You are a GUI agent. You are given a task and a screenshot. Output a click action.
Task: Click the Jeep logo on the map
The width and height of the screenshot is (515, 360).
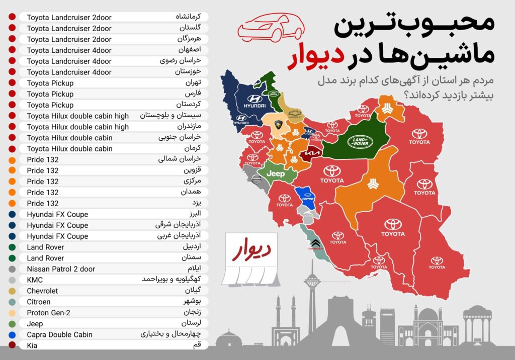click(x=275, y=173)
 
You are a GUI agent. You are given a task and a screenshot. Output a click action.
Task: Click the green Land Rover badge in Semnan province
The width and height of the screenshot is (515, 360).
click(x=360, y=142)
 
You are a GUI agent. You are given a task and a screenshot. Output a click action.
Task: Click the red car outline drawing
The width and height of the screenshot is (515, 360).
click(x=269, y=28)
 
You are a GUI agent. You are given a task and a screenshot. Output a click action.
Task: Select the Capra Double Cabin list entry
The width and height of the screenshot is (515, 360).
click(x=59, y=334)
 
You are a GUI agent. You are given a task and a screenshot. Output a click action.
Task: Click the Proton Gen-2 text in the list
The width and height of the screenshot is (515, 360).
click(x=48, y=313)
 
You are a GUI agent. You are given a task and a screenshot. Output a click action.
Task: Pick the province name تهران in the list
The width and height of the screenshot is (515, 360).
click(x=193, y=83)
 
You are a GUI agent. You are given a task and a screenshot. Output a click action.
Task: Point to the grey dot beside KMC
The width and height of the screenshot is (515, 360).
click(x=12, y=280)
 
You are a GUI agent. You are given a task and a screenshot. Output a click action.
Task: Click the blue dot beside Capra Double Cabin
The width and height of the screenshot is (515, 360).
click(x=12, y=334)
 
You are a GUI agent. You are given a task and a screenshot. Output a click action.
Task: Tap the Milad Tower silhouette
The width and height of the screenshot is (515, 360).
click(x=312, y=292)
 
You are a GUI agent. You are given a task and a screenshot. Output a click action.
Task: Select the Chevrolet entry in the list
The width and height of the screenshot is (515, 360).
click(x=42, y=291)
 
